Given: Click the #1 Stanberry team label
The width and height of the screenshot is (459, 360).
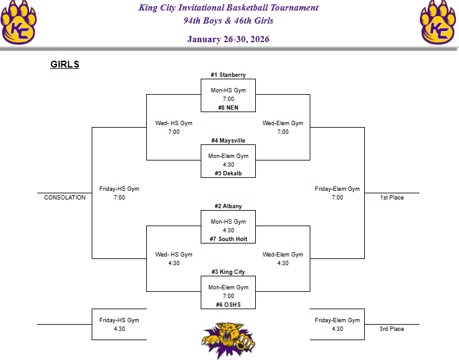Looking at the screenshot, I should coord(228,75).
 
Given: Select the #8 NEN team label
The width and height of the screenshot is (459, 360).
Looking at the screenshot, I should coord(228,107).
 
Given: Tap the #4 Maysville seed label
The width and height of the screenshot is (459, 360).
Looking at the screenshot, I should coord(228,141).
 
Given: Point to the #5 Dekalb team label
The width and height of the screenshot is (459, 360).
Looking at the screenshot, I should coord(228,173).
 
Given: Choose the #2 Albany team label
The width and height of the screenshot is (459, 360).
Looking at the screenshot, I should coord(228,206).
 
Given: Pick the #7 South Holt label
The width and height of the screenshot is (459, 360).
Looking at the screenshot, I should coord(228,239).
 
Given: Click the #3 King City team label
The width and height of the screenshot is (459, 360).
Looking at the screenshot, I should coord(228,272).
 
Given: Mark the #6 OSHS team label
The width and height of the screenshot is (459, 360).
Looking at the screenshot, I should coord(228,304).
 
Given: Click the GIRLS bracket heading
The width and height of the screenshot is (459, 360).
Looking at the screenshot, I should coord(64,64).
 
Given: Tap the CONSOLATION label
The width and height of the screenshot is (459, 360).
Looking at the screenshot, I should coord(64,198).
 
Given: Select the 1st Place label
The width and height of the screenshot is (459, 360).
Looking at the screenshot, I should coord(391,198).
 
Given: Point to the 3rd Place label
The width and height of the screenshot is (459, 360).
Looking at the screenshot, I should coord(391,329).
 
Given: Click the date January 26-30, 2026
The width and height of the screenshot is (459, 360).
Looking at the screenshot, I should coord(228,39).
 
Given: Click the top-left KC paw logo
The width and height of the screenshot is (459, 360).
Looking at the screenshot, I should coord(19,22).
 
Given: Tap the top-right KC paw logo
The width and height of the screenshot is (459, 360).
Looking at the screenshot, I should coord(440,22).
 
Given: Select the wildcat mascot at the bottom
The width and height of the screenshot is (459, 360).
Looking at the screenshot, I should coord(228,340).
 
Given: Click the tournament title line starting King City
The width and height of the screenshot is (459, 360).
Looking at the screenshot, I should coord(228,8).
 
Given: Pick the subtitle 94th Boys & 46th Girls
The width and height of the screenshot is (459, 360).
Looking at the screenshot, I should coord(228,20).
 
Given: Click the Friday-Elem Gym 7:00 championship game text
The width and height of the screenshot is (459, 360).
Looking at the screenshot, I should coord(337,193).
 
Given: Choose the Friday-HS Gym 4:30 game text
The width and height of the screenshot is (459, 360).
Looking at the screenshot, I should coord(119,325).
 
